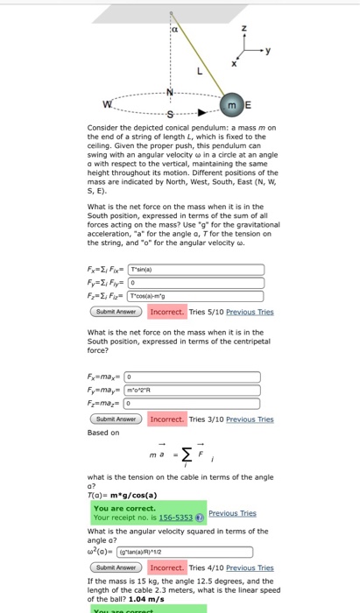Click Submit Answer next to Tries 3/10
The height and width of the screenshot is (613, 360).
click(116, 419)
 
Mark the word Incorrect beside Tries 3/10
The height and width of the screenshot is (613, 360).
click(166, 419)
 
